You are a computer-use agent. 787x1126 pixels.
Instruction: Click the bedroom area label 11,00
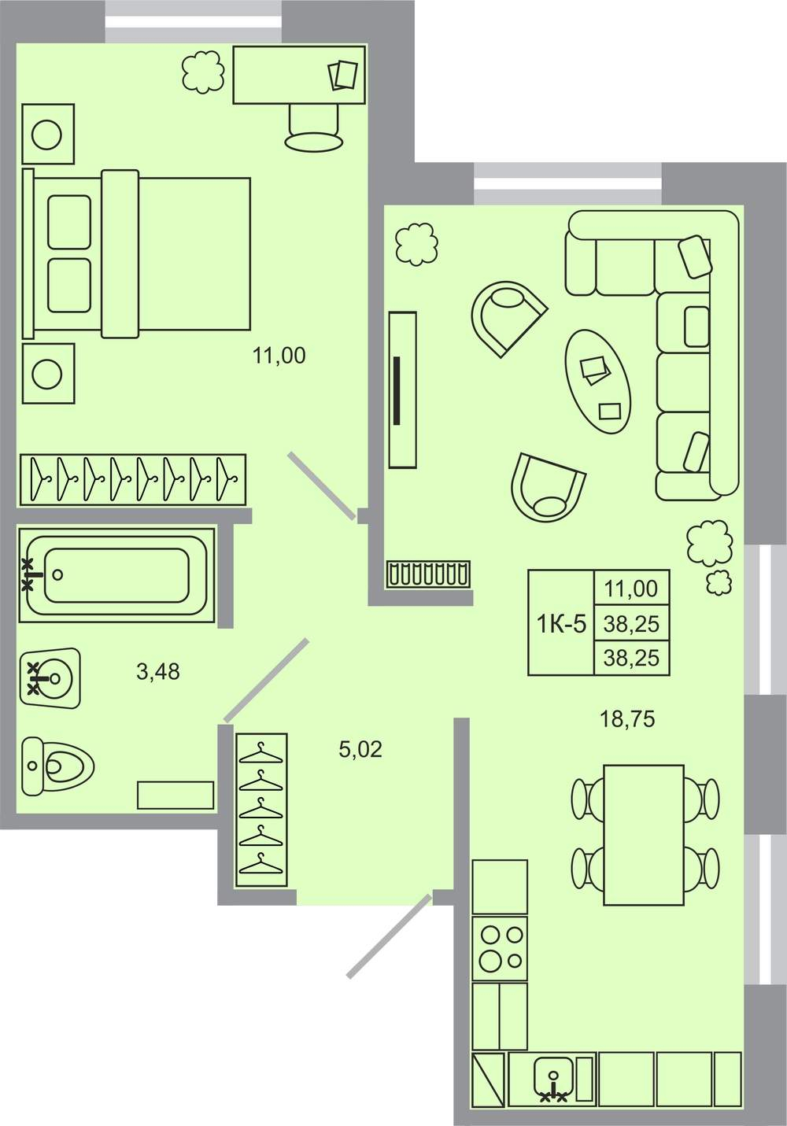click(279, 356)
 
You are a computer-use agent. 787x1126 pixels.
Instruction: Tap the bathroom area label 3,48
click(158, 671)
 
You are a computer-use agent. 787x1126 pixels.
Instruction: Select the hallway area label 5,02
click(360, 750)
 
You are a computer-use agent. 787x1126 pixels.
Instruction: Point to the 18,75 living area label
click(627, 719)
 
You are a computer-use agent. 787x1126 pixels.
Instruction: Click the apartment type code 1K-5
click(561, 625)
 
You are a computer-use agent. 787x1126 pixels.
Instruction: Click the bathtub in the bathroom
click(117, 574)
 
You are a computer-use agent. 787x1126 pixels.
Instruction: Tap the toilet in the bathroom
click(57, 766)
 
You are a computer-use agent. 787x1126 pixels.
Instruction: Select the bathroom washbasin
click(50, 678)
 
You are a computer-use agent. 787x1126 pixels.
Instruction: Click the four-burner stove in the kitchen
click(500, 948)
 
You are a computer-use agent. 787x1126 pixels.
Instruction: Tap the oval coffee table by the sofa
click(598, 382)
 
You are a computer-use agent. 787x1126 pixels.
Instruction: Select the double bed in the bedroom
click(137, 254)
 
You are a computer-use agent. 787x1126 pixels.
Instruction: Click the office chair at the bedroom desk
click(314, 127)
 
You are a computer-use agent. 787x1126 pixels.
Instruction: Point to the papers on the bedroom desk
click(342, 76)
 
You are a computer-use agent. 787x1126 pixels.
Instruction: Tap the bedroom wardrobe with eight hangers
click(133, 479)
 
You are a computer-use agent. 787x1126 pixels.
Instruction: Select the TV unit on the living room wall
click(403, 390)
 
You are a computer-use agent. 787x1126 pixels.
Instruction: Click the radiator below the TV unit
click(428, 574)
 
